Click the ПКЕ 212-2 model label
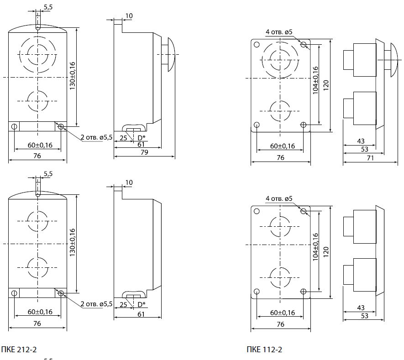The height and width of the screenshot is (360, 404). pos(19,350)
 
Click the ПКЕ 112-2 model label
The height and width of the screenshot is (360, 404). pos(264,350)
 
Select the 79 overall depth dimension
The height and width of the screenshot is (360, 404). pos(144,152)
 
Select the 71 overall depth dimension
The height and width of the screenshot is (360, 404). pos(370,157)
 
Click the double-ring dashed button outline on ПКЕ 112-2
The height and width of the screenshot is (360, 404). pos(280,58)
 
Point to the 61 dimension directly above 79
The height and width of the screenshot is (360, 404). pos(142,144)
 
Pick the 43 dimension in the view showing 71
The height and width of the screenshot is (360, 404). pos(360,141)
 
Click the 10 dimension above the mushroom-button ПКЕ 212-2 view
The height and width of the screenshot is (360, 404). pos(129,16)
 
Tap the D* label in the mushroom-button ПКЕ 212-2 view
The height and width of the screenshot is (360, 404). pos(142,137)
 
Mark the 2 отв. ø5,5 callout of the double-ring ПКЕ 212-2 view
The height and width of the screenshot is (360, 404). pos(96,138)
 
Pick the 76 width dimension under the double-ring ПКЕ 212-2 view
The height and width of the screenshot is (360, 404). pos(37,156)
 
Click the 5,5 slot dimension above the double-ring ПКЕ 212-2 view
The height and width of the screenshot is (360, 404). pos(48,7)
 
